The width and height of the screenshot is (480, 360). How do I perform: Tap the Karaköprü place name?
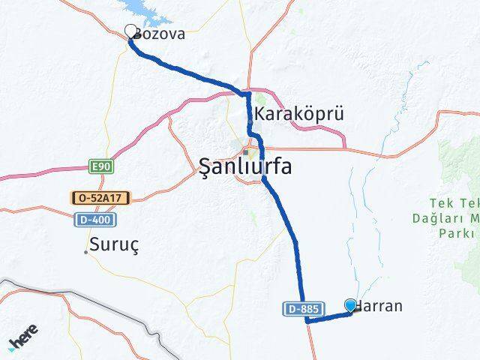click(299, 114)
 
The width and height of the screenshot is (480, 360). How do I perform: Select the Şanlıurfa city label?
click(245, 166)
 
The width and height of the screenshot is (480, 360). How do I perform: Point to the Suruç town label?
click(115, 244)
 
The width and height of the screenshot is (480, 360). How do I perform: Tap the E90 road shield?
click(99, 166)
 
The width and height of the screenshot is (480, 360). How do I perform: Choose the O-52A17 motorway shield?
click(100, 198)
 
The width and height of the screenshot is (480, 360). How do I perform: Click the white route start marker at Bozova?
click(131, 31)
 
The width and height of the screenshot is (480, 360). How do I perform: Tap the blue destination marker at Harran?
click(351, 304)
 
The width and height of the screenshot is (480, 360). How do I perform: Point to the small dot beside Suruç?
click(85, 251)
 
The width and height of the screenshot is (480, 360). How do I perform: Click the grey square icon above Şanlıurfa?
click(245, 151)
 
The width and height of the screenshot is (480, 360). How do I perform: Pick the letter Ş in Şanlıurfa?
click(207, 166)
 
